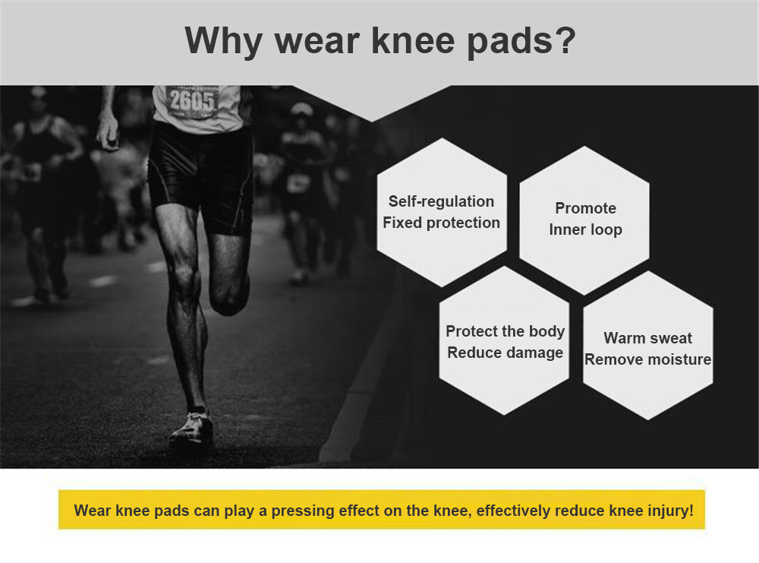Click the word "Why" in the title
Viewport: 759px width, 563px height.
[224, 41]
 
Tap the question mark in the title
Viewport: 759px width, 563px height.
[565, 39]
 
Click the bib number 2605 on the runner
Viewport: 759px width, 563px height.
[192, 102]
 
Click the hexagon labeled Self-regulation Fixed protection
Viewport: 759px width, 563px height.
[442, 212]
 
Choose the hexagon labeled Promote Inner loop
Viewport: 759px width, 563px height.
[584, 220]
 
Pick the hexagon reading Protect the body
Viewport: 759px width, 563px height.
[504, 340]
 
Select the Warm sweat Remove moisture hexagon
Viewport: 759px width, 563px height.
[647, 346]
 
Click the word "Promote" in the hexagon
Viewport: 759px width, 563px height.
[586, 208]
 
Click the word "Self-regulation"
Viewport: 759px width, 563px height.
[442, 201]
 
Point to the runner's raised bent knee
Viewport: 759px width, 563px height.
[228, 296]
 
